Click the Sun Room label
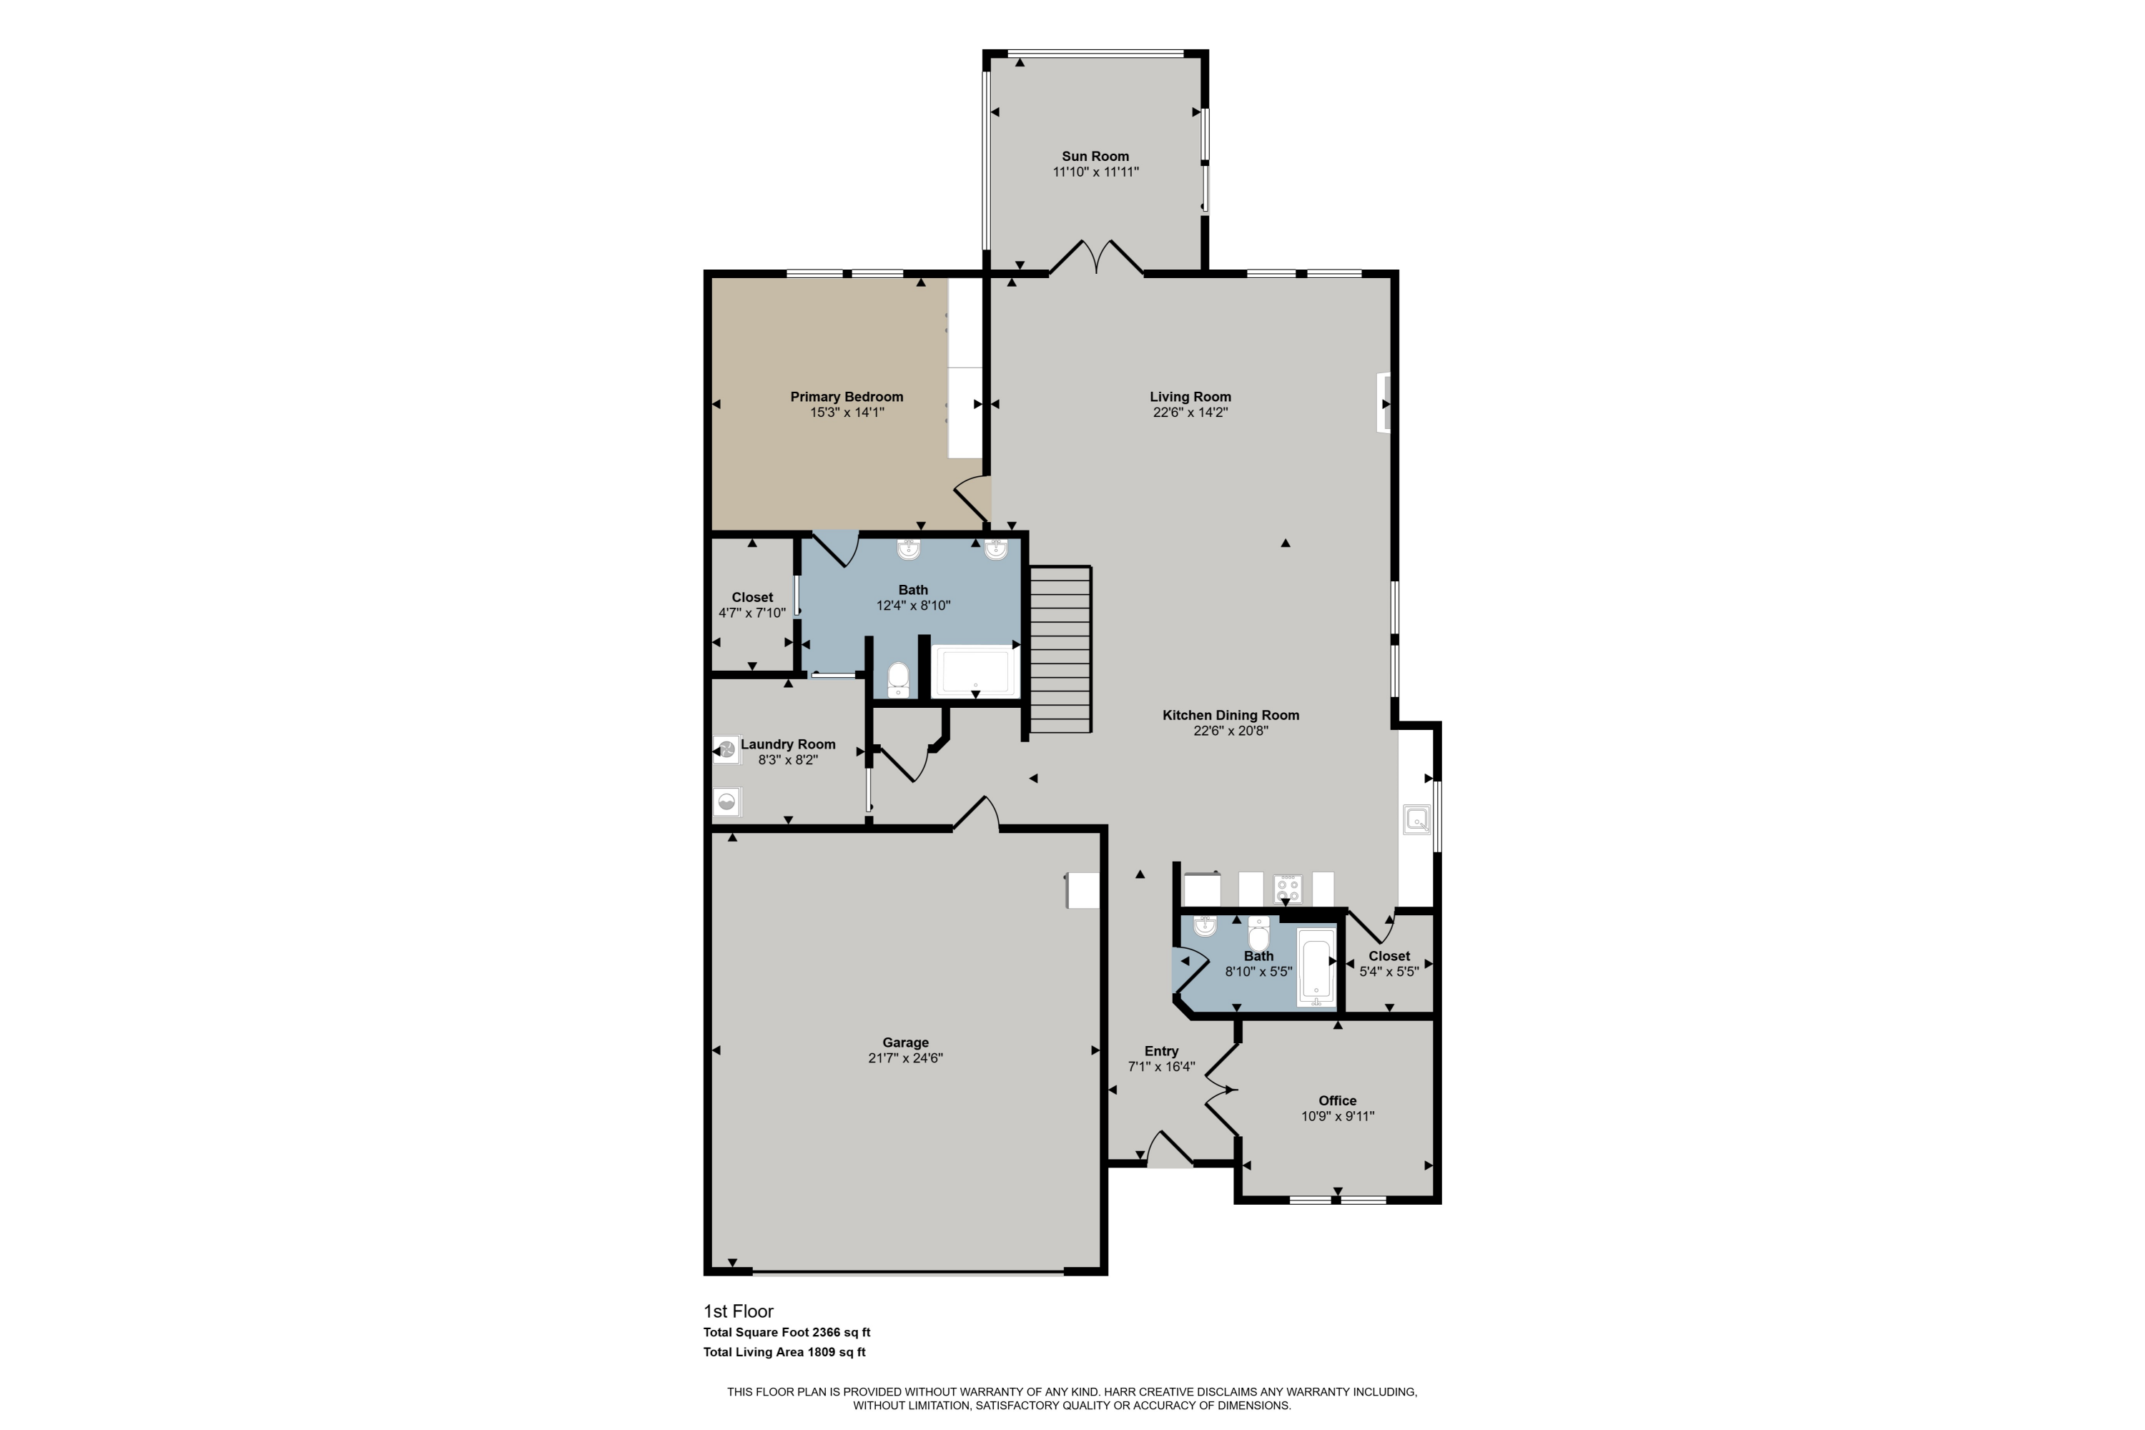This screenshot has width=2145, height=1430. tap(1095, 156)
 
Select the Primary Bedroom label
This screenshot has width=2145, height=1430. tap(847, 397)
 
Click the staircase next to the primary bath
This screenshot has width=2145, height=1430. tap(1060, 649)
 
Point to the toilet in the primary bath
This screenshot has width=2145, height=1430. tap(898, 679)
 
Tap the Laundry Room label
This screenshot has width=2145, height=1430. tap(788, 744)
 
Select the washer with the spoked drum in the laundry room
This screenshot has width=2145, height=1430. tap(727, 749)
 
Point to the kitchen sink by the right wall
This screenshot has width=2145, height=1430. tap(1416, 819)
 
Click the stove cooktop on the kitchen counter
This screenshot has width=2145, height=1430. tap(1288, 887)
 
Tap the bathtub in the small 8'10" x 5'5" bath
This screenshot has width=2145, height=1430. tap(1316, 967)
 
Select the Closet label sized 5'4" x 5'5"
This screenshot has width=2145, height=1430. tap(1389, 956)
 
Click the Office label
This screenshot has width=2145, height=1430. tap(1337, 1101)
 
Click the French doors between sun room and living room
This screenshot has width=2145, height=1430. tap(1095, 258)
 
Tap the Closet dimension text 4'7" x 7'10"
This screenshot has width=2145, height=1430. tap(751, 613)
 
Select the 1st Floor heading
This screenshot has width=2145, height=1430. tap(738, 1311)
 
